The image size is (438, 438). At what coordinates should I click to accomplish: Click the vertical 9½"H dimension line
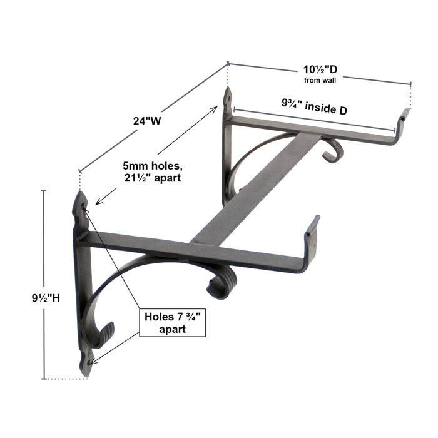pyautogui.click(x=43, y=282)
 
